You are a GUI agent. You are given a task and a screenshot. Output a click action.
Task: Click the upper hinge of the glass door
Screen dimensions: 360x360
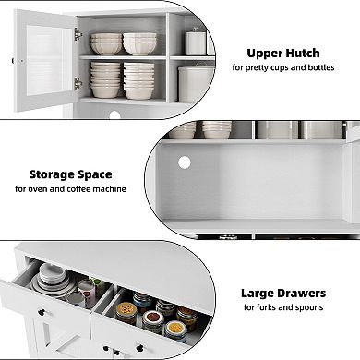[x=78, y=35]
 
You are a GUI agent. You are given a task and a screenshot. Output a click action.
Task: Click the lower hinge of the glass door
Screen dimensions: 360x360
[x=78, y=83]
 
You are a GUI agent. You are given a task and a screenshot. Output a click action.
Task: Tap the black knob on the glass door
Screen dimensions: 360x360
[x=13, y=61]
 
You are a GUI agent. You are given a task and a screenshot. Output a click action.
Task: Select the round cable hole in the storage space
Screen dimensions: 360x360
[x=184, y=162]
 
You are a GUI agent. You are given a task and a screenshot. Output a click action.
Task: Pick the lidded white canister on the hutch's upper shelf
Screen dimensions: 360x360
[x=195, y=42]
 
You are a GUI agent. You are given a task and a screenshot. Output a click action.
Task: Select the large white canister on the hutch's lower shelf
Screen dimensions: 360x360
[x=197, y=84]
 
